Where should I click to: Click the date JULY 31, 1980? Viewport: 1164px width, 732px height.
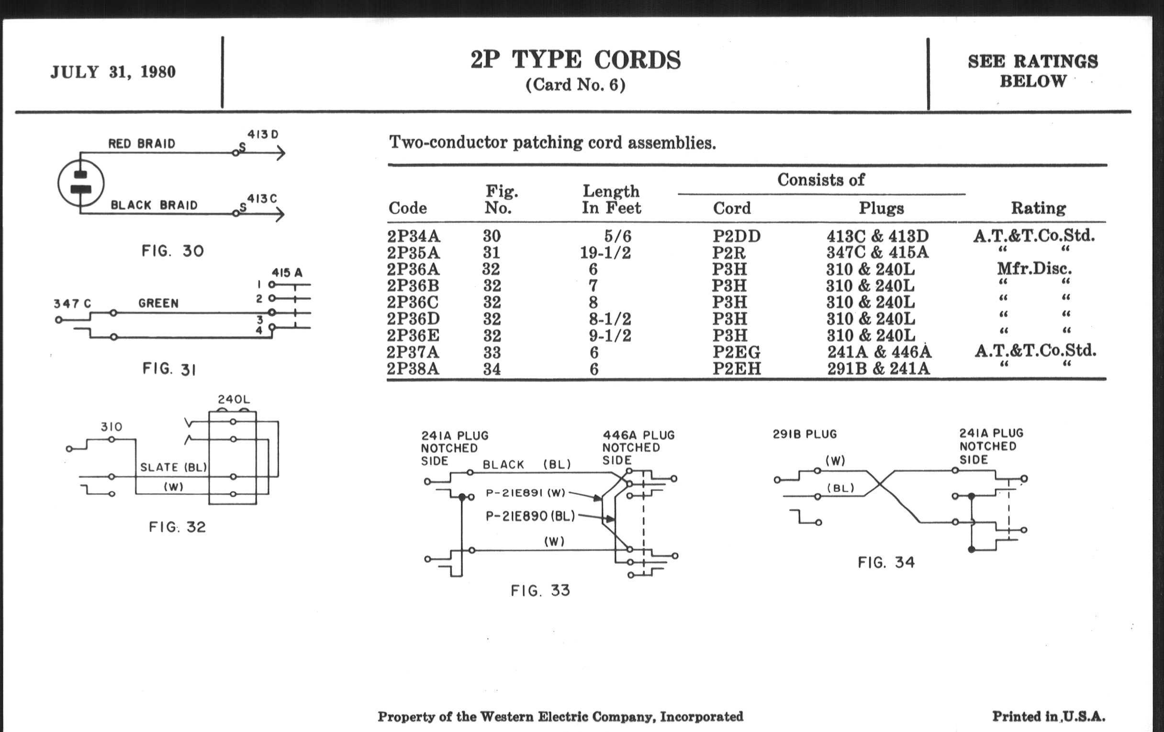pyautogui.click(x=113, y=72)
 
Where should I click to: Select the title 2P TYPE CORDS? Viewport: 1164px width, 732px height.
pyautogui.click(x=575, y=60)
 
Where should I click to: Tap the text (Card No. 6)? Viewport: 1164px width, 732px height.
pyautogui.click(x=575, y=85)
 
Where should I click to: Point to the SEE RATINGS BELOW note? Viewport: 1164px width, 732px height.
pyautogui.click(x=1033, y=71)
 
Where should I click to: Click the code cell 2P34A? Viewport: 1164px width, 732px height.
pyautogui.click(x=414, y=236)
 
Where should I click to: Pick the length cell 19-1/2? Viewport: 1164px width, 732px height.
pyautogui.click(x=605, y=252)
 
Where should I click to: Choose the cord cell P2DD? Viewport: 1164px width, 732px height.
pyautogui.click(x=736, y=236)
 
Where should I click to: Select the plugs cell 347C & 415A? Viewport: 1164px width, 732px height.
pyautogui.click(x=877, y=252)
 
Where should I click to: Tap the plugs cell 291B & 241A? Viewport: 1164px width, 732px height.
pyautogui.click(x=878, y=369)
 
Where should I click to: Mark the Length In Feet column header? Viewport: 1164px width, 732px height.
pyautogui.click(x=611, y=200)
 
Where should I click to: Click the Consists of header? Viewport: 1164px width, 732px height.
pyautogui.click(x=821, y=180)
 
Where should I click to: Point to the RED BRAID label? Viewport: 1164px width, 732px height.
pyautogui.click(x=142, y=144)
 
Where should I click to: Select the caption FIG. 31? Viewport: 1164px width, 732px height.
pyautogui.click(x=169, y=369)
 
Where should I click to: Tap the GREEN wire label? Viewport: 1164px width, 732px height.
pyautogui.click(x=158, y=303)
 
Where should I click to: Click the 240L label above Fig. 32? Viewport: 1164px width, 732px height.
pyautogui.click(x=234, y=399)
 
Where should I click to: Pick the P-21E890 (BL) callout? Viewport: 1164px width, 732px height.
pyautogui.click(x=530, y=517)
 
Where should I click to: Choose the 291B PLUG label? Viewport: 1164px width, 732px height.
pyautogui.click(x=805, y=434)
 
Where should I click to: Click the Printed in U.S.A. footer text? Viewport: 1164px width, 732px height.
pyautogui.click(x=1049, y=716)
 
